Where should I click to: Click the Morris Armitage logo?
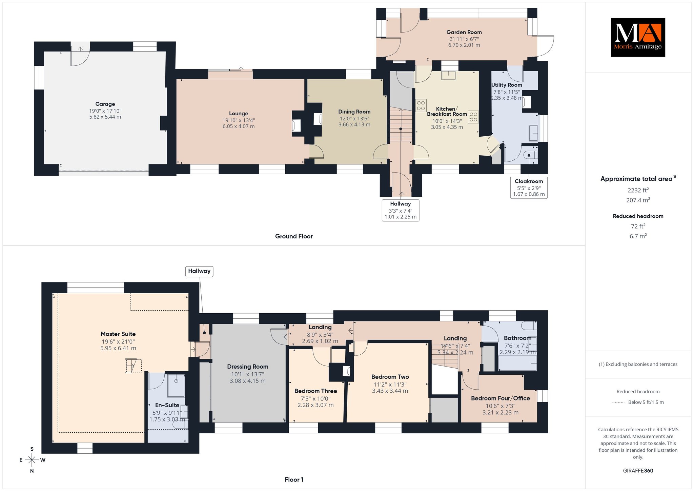pos(638,37)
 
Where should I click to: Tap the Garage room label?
pos(105,104)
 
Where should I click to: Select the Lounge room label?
pos(239,114)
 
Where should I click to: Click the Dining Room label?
pos(354,112)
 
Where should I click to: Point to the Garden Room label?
pos(464,32)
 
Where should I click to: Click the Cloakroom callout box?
pos(529,188)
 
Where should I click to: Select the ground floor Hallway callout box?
pos(401,210)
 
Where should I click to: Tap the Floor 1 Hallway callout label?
pos(199,271)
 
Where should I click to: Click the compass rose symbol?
pos(32,460)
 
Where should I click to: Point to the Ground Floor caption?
pos(294,236)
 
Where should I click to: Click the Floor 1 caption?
pos(294,479)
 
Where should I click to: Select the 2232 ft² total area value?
pos(638,190)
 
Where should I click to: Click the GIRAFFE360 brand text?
pos(638,471)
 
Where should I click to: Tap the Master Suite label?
pos(118,334)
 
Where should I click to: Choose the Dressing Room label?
pos(248,367)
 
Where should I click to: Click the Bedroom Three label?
pos(315,391)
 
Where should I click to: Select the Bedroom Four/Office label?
pos(501,398)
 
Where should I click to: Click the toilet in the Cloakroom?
pos(530,155)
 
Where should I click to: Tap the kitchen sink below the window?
pos(448,75)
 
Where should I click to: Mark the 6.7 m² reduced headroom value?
pos(638,236)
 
